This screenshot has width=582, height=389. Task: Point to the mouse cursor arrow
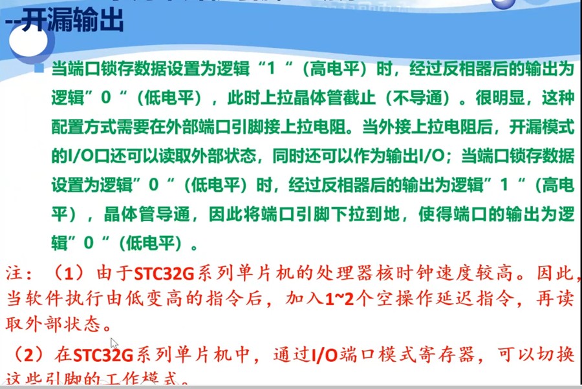[114, 342]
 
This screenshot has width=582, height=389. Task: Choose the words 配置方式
[76, 127]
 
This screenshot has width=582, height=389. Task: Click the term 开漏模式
[544, 127]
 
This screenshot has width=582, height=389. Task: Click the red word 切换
[556, 355]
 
